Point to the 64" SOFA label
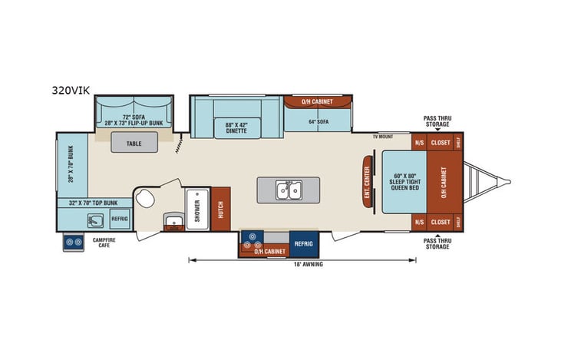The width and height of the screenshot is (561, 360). coord(318,121)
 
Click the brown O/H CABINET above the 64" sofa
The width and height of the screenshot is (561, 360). coord(318,101)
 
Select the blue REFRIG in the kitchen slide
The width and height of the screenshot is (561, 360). coord(303,243)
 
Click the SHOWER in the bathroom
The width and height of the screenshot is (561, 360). coord(196,209)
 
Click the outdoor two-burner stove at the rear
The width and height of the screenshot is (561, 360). coord(74,243)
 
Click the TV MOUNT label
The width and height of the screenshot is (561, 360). coord(383,136)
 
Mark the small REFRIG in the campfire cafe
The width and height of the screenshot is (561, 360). coord(120,219)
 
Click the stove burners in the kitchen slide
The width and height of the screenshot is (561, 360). coord(251,239)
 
